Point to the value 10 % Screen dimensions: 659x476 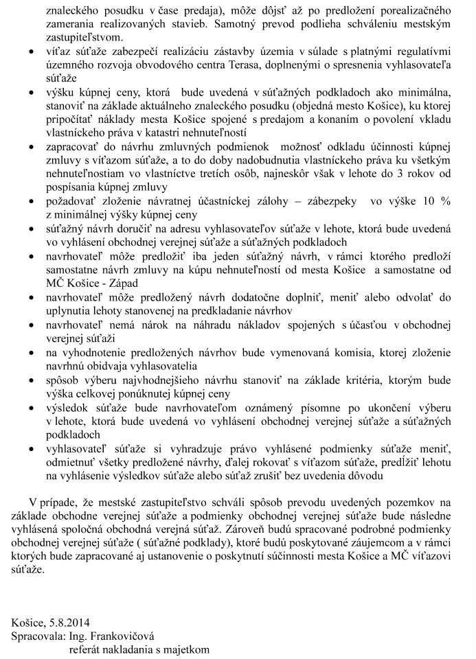coord(438,203)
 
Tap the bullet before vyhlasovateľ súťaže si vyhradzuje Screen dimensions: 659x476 coord(26,450)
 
